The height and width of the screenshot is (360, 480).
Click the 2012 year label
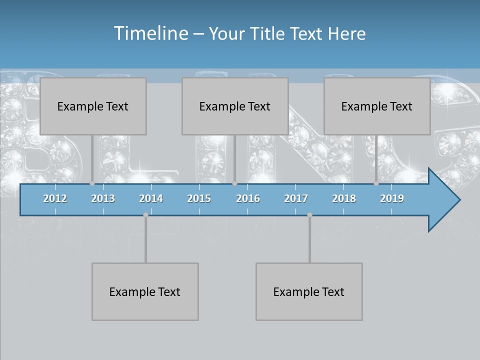[55, 198]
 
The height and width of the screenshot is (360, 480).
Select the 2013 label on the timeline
[103, 198]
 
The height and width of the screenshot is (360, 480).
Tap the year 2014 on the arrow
[151, 198]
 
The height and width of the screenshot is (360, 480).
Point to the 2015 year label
[199, 198]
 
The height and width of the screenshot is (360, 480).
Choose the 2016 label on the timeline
[248, 198]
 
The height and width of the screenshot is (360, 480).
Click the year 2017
[296, 198]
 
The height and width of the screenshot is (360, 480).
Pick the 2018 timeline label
[344, 198]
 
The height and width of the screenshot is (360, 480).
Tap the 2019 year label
[392, 198]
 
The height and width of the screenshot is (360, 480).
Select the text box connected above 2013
[93, 106]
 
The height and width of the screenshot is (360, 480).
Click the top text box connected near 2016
[235, 106]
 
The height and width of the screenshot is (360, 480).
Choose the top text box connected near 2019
[377, 106]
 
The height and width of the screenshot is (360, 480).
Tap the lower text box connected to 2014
[145, 291]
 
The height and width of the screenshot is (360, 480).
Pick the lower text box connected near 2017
[309, 291]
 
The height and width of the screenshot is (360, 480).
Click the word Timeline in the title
[150, 33]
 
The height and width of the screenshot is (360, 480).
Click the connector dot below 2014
[145, 214]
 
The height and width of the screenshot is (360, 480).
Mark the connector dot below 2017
[309, 214]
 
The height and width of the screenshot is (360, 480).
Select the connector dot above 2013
[92, 183]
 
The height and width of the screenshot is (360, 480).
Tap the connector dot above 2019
[376, 183]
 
